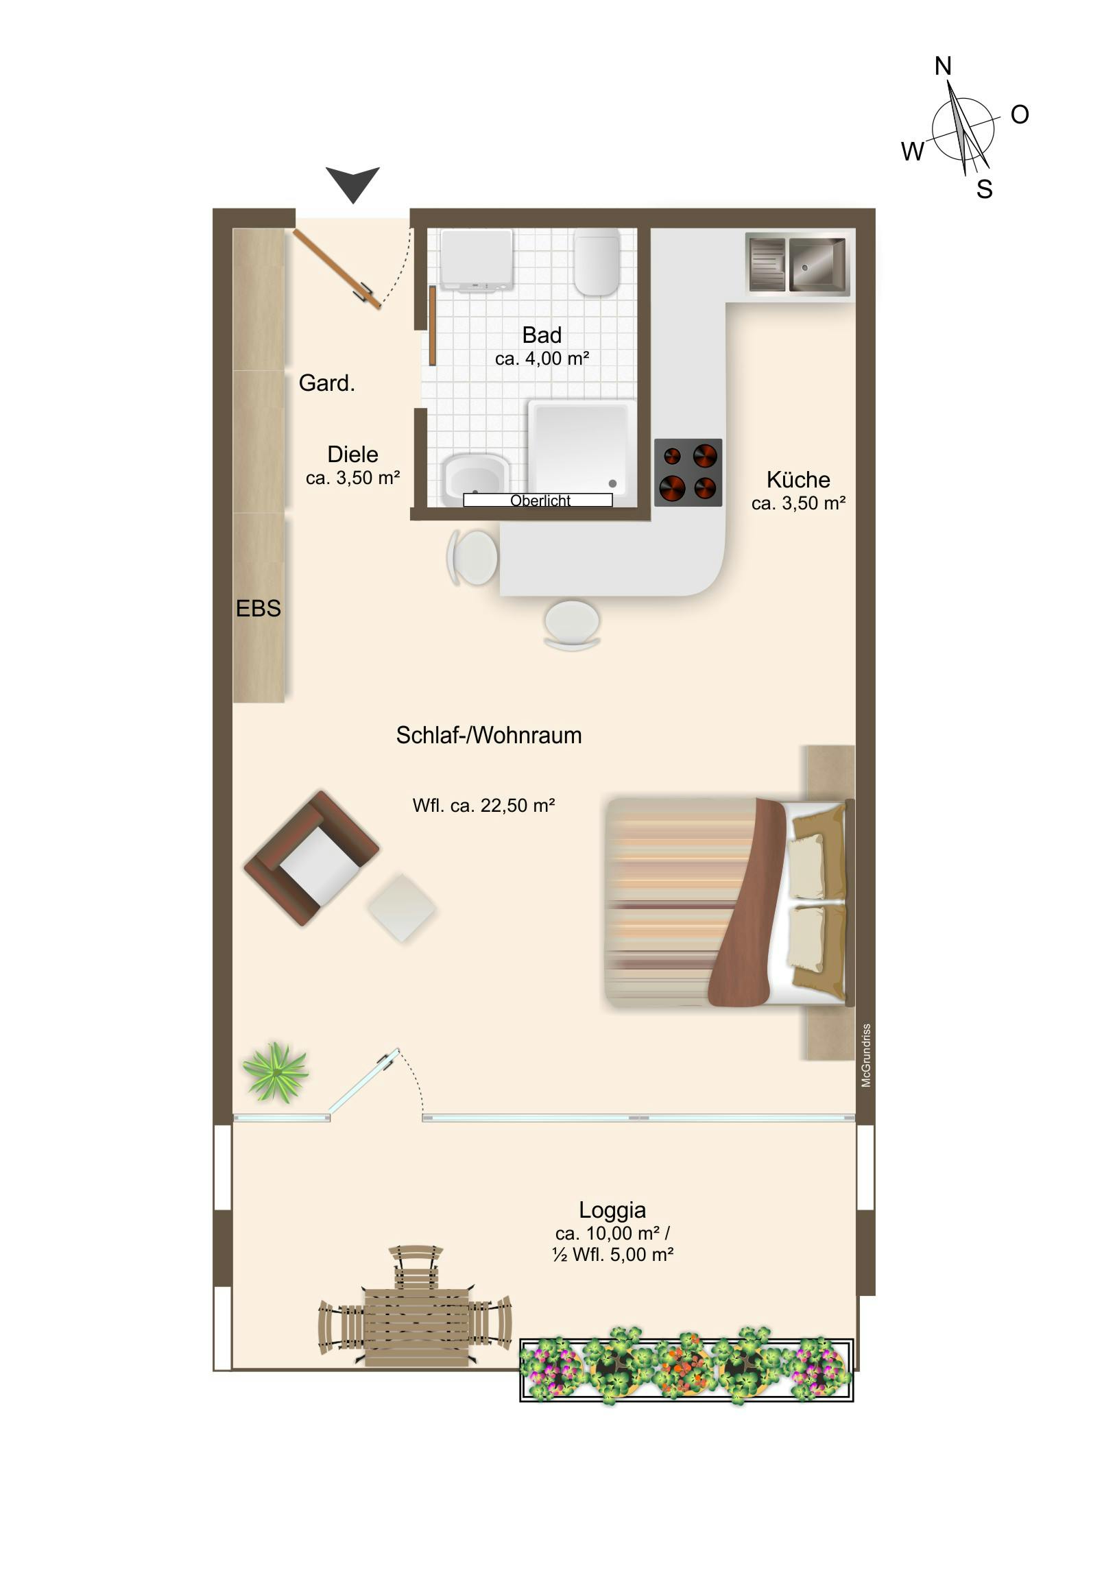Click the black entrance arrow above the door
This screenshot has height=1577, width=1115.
tap(352, 183)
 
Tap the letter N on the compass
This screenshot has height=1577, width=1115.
tap(943, 66)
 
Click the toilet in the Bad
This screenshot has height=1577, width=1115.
tap(597, 262)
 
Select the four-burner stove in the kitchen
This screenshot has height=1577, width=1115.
tap(688, 472)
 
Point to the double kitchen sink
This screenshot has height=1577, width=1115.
tap(798, 265)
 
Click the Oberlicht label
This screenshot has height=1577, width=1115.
tap(540, 501)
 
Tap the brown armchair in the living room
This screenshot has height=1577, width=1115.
tap(311, 858)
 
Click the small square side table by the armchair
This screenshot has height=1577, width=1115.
tap(402, 907)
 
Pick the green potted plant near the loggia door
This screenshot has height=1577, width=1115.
tap(276, 1072)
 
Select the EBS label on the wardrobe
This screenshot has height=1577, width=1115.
tap(259, 609)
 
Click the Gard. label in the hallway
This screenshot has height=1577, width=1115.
tap(327, 383)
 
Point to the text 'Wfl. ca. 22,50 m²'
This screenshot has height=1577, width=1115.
tap(483, 805)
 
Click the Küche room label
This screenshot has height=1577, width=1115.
tap(798, 479)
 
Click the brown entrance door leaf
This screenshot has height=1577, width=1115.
tap(337, 269)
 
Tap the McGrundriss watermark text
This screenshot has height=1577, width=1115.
tap(866, 1056)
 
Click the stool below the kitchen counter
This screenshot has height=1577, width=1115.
tap(572, 625)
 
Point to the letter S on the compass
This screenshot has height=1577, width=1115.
tap(985, 189)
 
